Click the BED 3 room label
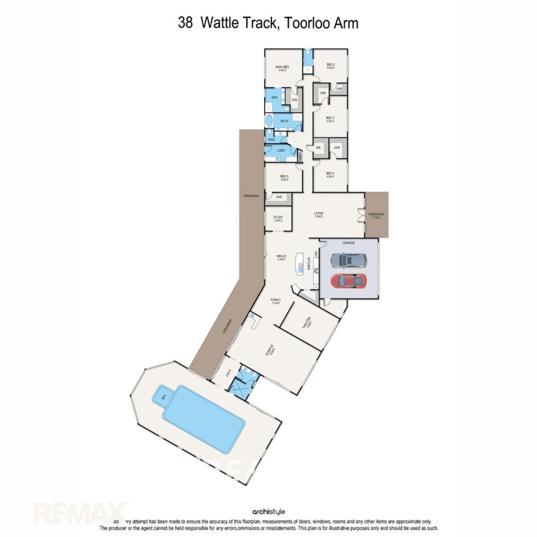click(330, 119)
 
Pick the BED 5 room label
click(284, 178)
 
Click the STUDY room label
click(278, 218)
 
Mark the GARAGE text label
click(349, 243)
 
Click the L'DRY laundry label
click(281, 150)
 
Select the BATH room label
click(284, 121)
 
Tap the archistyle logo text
click(268, 511)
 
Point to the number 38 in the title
click(185, 23)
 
